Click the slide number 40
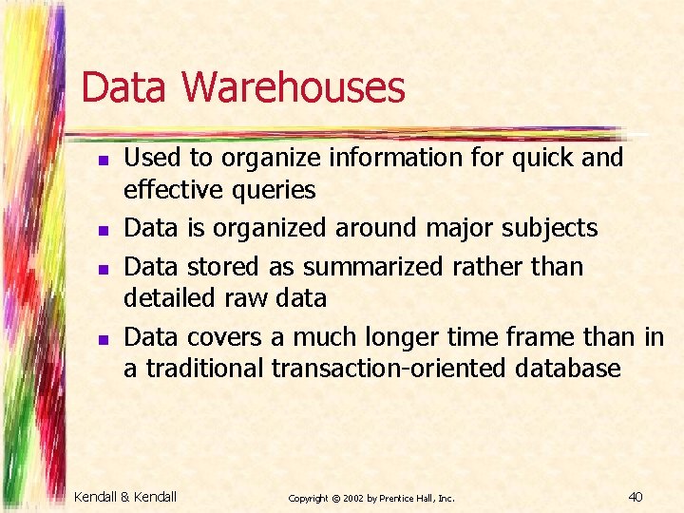point(636,496)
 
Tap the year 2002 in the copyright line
point(351,498)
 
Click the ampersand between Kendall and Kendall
point(128,497)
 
